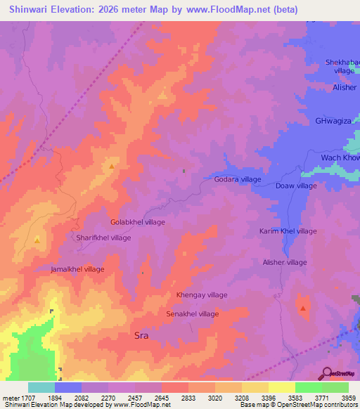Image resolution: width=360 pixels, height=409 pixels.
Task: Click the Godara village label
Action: click(237, 179)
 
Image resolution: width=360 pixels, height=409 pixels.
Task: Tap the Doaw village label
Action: click(296, 186)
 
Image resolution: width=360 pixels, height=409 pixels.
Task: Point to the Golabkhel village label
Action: click(138, 222)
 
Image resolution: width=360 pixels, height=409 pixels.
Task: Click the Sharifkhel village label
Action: click(103, 238)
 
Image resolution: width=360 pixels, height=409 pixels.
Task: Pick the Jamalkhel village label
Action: click(77, 269)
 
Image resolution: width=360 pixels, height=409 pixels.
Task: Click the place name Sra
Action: click(141, 336)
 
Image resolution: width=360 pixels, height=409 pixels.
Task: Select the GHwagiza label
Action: click(333, 121)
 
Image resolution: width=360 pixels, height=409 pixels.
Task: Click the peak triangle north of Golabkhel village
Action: click(112, 167)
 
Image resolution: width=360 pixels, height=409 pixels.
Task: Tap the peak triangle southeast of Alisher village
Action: click(303, 308)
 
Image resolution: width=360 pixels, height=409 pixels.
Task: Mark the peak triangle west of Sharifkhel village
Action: click(37, 240)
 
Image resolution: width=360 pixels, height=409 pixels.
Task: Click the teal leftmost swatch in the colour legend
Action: click(41, 387)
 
